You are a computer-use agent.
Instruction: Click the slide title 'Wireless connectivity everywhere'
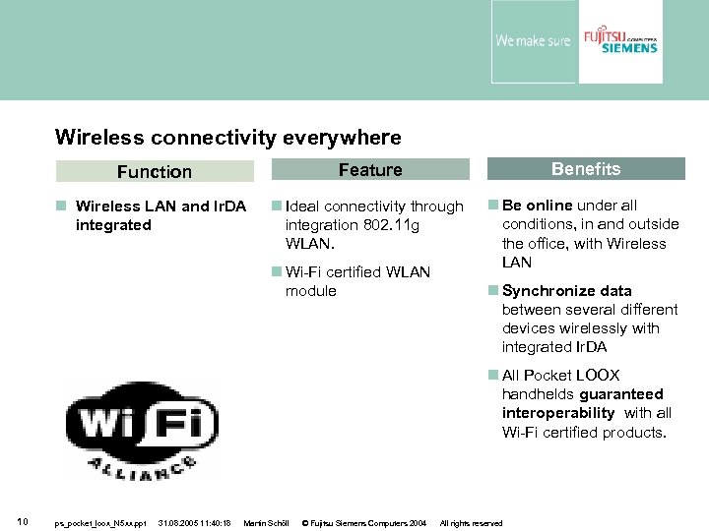coord(227,137)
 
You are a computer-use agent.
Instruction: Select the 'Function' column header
coord(155,172)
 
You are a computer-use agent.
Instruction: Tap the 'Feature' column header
coord(370,170)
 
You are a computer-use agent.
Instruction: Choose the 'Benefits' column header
coord(586,169)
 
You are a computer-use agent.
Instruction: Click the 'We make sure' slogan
coord(532,41)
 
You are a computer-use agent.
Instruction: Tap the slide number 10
coord(22,522)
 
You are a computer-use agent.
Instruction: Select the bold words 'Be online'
coord(538,206)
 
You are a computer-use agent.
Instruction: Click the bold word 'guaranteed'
coord(621,394)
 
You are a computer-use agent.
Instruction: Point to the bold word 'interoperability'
coord(558,413)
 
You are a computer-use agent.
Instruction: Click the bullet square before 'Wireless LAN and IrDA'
coord(61,206)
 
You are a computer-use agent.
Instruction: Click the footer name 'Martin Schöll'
coord(265,523)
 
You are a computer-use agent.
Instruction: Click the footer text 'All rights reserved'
coord(471,523)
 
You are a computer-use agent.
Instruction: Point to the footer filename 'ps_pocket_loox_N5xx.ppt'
coord(99,523)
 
